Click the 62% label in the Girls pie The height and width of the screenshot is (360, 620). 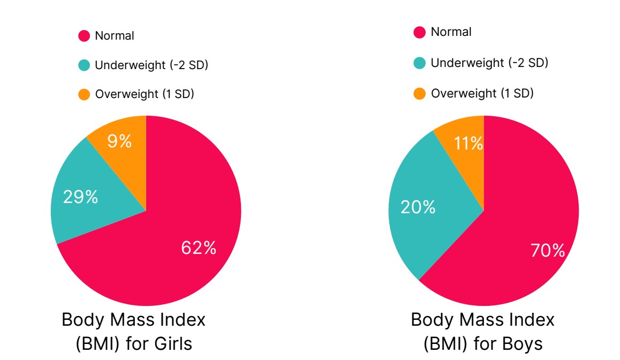(199, 247)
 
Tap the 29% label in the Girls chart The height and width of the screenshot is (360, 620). (80, 197)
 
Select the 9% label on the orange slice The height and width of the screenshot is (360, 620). (119, 141)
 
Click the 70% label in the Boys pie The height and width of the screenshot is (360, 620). (548, 250)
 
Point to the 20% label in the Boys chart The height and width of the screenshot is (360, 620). (418, 207)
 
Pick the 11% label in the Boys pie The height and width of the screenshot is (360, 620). (469, 144)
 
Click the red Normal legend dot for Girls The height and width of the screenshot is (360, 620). (84, 36)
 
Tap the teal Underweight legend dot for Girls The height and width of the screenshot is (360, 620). (84, 66)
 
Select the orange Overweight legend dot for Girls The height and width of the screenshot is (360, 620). (84, 95)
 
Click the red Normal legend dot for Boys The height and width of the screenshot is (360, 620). (420, 33)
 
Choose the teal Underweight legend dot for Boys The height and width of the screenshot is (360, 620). (420, 63)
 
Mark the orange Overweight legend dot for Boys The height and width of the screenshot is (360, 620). (420, 94)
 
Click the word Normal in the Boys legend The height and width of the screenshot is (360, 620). (451, 32)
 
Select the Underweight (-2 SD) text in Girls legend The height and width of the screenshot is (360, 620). (151, 65)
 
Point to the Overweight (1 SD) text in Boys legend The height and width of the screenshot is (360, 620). (482, 93)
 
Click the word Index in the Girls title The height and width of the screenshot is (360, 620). (180, 320)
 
